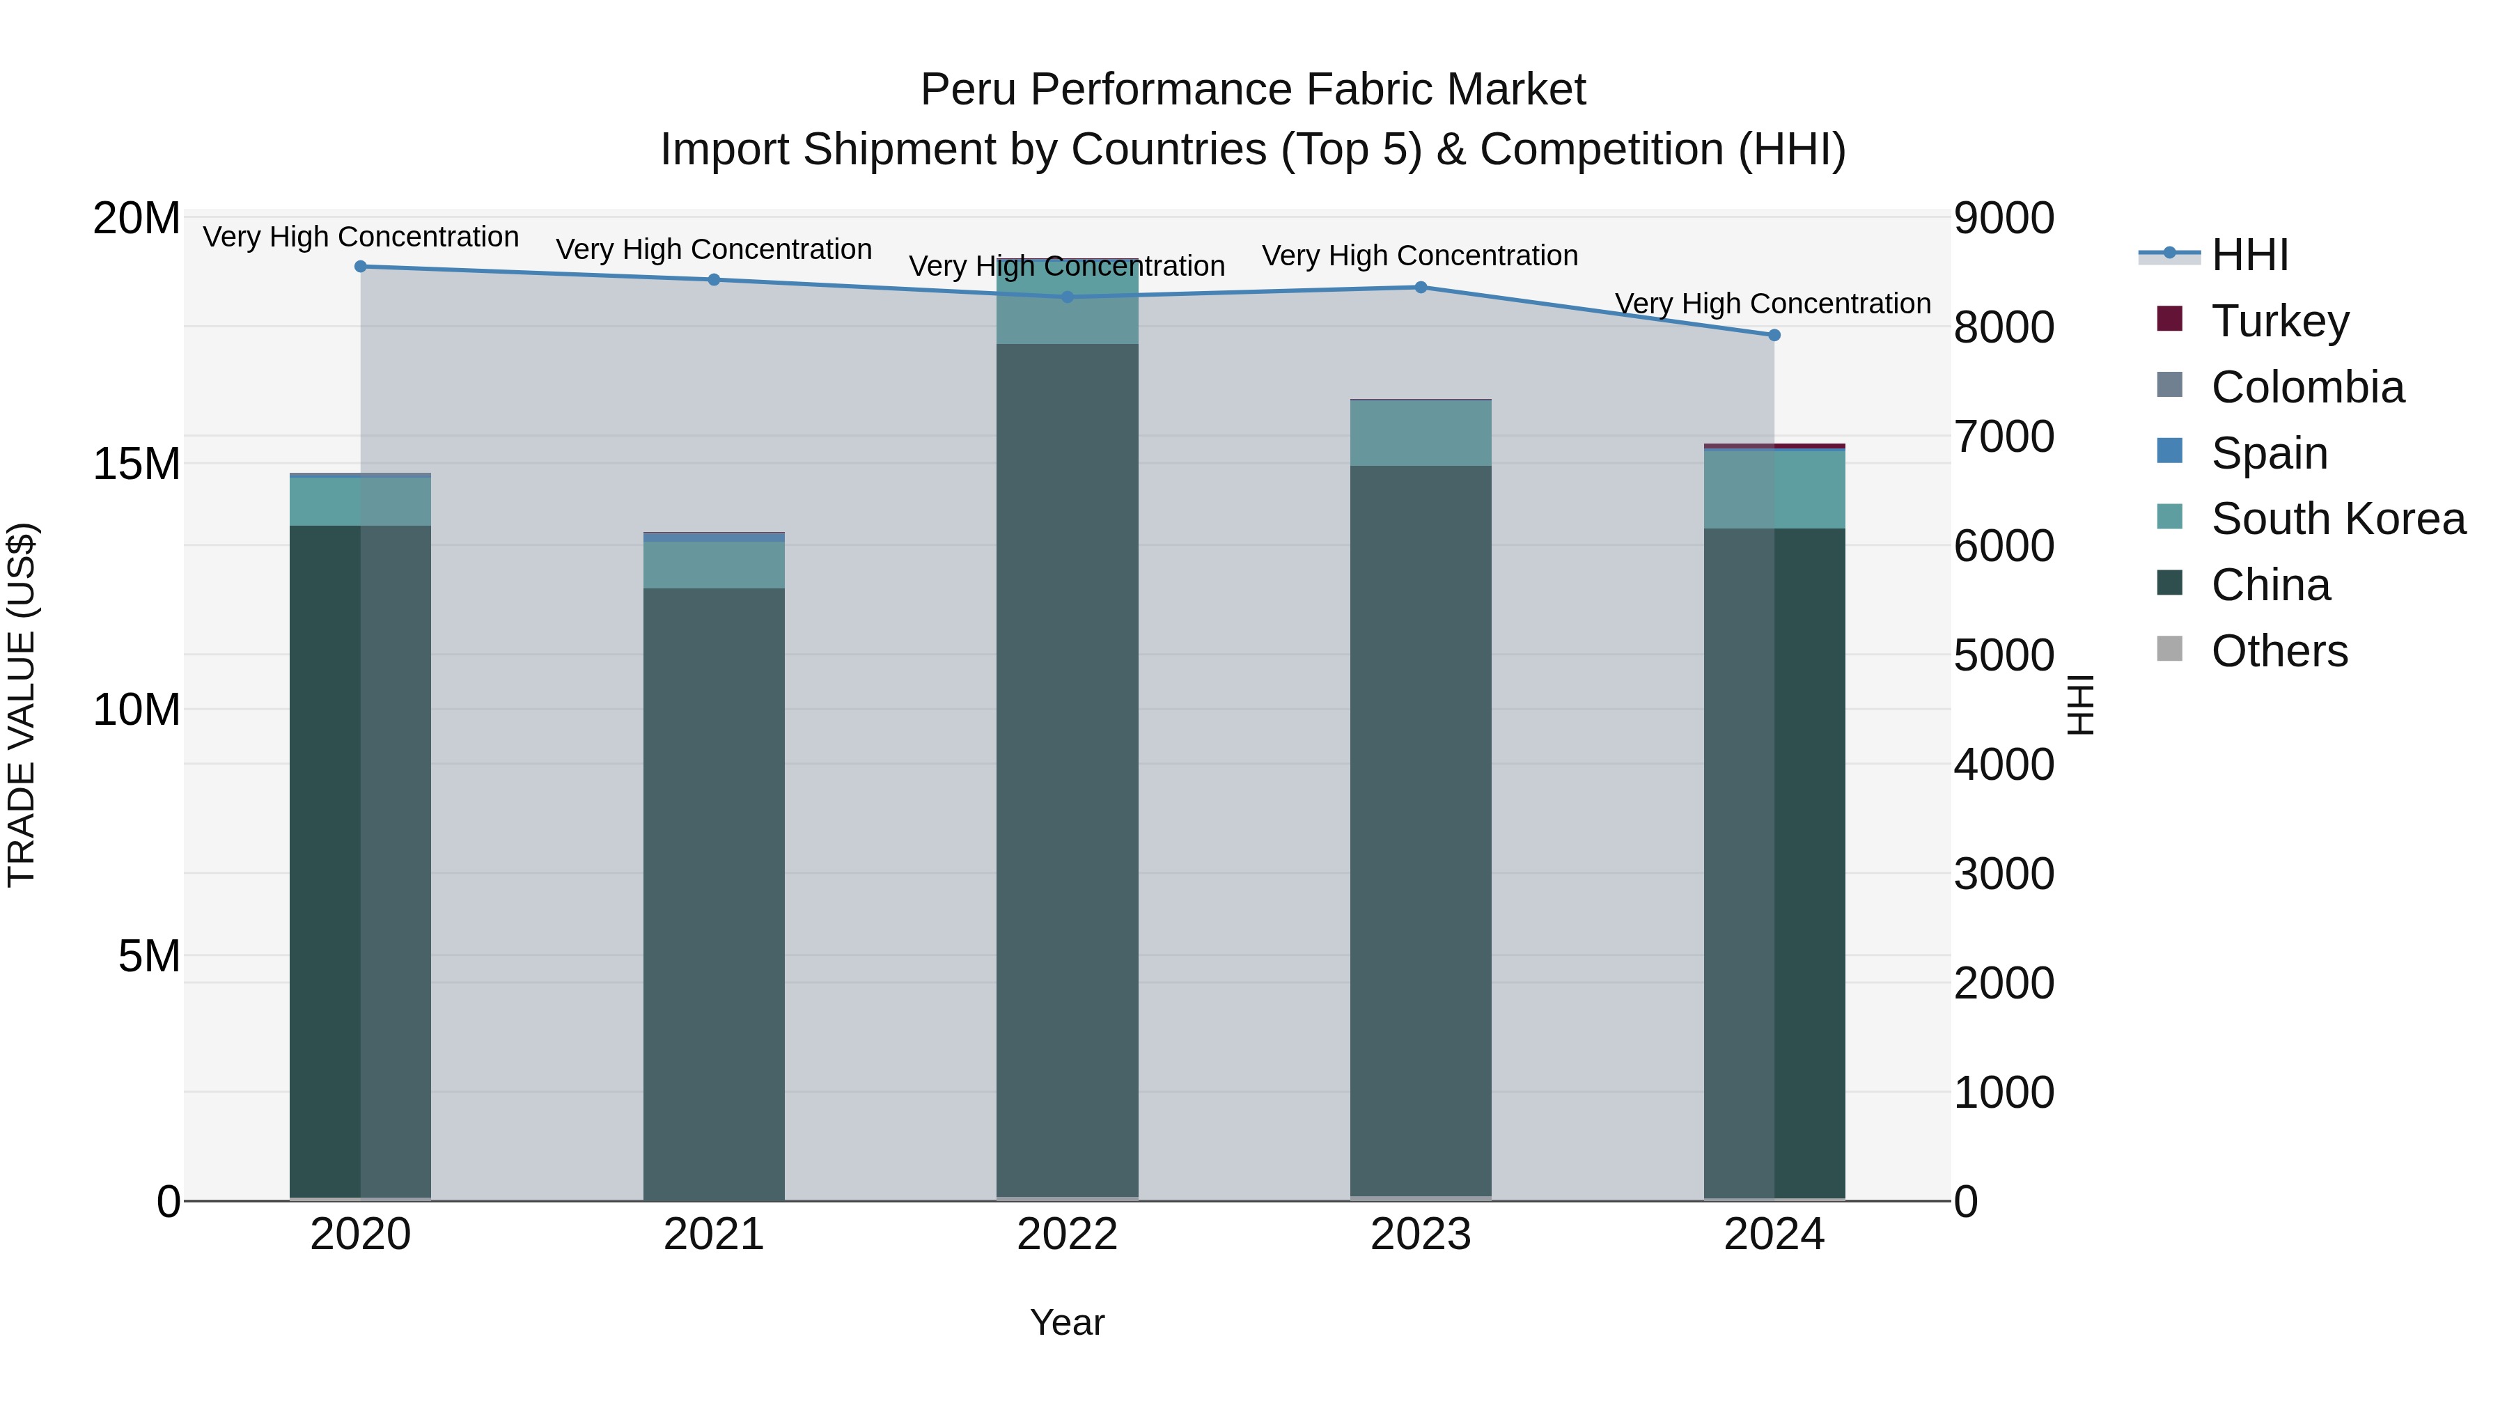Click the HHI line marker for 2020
[360, 266]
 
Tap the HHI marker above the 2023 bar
[1420, 287]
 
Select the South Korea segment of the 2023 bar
[1420, 433]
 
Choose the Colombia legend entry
[2306, 386]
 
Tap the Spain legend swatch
[2169, 451]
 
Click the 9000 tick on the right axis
[2004, 218]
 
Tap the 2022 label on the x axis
[1067, 1235]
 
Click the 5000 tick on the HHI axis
[2004, 655]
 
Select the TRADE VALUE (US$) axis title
[22, 705]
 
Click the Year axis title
[1067, 1322]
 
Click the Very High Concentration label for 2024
[1772, 304]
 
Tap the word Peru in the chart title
[969, 90]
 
